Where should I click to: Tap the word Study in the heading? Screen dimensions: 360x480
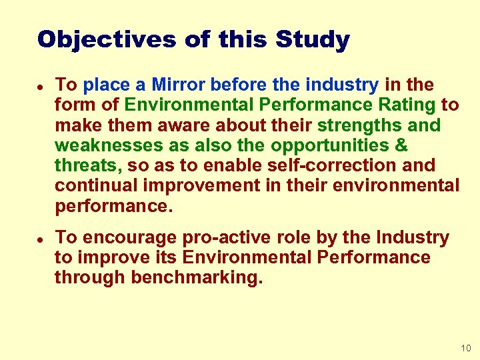pyautogui.click(x=313, y=39)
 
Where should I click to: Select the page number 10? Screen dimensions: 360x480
pyautogui.click(x=465, y=349)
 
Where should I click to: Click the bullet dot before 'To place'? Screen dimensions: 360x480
pyautogui.click(x=40, y=86)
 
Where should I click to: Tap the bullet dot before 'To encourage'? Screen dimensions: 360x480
pyautogui.click(x=40, y=239)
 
